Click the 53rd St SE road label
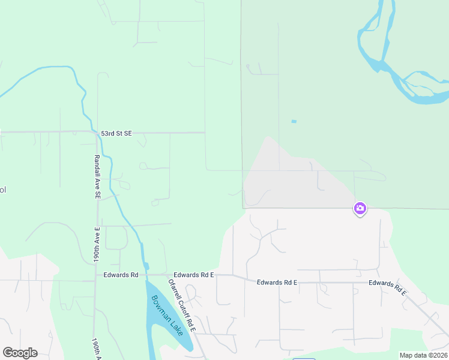(116, 133)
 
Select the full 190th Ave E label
(95, 247)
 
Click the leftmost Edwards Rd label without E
(121, 275)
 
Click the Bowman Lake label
(167, 315)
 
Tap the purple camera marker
(360, 209)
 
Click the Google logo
(20, 353)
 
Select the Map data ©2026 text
(423, 355)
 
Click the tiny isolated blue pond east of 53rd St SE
(294, 122)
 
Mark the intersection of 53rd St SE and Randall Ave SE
(97, 133)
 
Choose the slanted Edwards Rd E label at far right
(388, 287)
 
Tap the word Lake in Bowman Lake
(175, 328)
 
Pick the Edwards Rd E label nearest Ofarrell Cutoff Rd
(194, 275)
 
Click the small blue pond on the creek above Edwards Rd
(146, 266)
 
